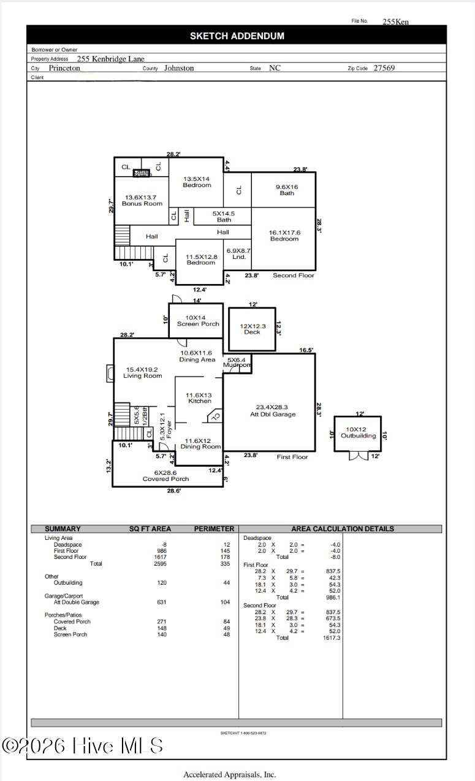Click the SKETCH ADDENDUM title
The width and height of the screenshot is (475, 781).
237,36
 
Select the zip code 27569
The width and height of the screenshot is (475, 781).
384,68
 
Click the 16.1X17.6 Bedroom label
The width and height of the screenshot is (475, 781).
284,236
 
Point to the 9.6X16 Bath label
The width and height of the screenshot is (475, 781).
287,190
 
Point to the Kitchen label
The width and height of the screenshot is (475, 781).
200,398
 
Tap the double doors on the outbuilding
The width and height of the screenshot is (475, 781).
358,456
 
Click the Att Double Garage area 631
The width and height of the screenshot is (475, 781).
162,602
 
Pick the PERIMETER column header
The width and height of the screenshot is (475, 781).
214,529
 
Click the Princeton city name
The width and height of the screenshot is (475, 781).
64,68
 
